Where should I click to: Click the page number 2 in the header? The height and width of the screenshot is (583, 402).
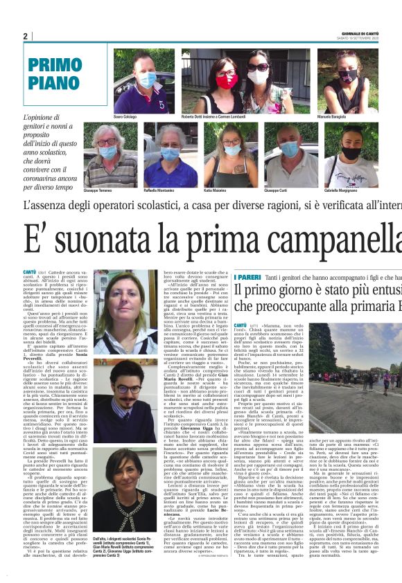click(x=26, y=37)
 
